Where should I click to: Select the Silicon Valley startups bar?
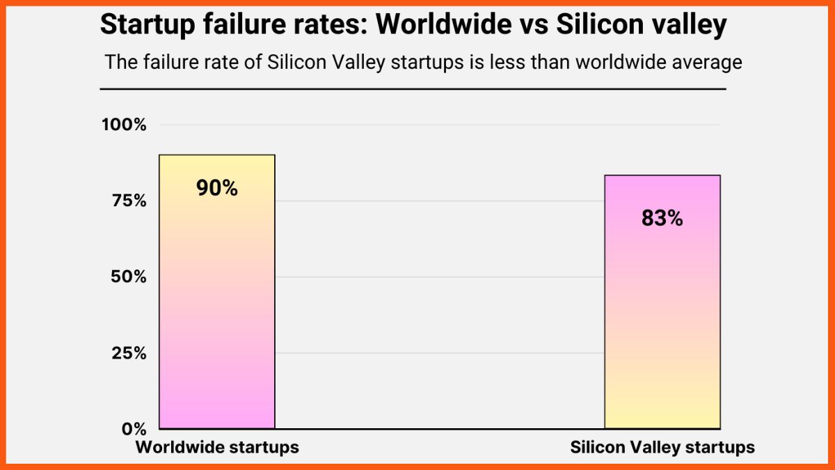pyautogui.click(x=662, y=306)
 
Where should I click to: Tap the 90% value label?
pyautogui.click(x=217, y=188)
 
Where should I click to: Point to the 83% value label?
pyautogui.click(x=662, y=218)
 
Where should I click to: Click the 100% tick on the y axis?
pyautogui.click(x=124, y=125)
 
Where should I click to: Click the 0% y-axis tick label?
pyautogui.click(x=132, y=428)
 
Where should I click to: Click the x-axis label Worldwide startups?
pyautogui.click(x=217, y=447)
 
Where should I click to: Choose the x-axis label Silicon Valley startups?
pyautogui.click(x=662, y=447)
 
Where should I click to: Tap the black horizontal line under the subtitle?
pyautogui.click(x=413, y=89)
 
